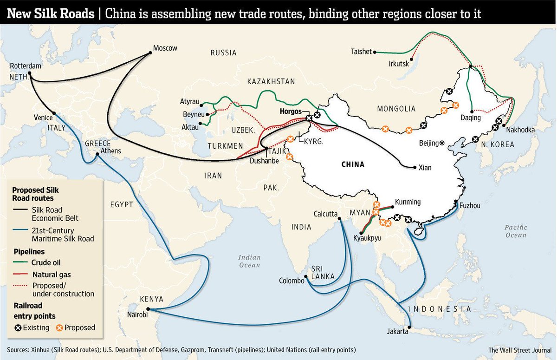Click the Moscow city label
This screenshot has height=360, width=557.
(x=165, y=48)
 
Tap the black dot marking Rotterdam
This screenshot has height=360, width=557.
(x=29, y=73)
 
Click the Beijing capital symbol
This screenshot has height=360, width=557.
(x=442, y=143)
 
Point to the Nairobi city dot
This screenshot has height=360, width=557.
(x=148, y=309)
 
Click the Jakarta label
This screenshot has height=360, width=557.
(x=398, y=332)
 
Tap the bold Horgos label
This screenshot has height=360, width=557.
(x=290, y=112)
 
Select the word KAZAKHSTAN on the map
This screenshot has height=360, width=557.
(x=271, y=81)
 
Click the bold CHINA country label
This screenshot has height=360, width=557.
(x=353, y=164)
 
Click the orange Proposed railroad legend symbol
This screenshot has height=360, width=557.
(x=59, y=327)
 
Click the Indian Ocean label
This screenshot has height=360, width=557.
(x=249, y=261)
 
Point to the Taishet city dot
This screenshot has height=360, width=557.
(x=375, y=52)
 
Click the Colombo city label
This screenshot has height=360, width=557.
(x=291, y=281)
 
